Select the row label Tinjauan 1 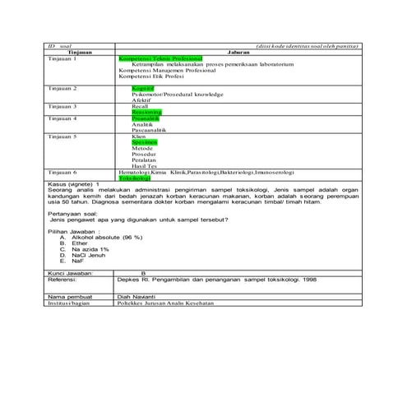coord(62,59)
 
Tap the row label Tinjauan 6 coord(62,171)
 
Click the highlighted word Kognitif coord(142,86)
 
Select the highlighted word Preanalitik coord(146,118)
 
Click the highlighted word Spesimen coord(145,141)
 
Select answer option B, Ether coord(80,243)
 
